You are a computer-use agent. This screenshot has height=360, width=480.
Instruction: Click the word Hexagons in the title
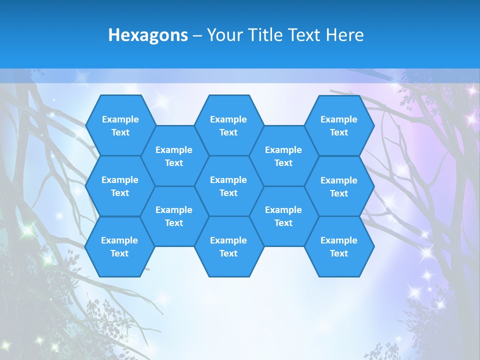coord(148,35)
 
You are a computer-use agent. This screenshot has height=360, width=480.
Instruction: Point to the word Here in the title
coord(344,35)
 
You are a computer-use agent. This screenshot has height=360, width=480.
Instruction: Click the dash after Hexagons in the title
coord(197,35)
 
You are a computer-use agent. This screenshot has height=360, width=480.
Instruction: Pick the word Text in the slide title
coord(304,35)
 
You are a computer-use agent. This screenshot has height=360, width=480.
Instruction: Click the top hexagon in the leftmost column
coord(120,125)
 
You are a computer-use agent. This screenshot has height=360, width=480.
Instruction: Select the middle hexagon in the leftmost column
coord(120,186)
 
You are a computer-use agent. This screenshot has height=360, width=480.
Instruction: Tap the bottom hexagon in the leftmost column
coord(119,246)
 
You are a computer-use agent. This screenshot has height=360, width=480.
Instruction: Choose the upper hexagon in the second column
coord(174,156)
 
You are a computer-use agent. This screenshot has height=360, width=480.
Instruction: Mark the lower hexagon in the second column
coord(174,216)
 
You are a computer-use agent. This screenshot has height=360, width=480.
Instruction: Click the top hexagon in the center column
coord(228,125)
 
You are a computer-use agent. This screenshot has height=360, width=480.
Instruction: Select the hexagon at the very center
coord(228,186)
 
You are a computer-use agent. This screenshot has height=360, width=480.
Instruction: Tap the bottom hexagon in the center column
coord(228,246)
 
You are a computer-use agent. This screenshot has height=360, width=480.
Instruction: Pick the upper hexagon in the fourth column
coord(283,156)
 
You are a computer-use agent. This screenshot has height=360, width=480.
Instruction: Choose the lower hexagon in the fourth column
coord(283,216)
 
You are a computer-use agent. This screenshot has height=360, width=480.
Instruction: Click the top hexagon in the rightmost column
coord(339,125)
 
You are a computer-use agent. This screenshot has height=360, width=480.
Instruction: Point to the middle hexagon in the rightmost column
coord(339,186)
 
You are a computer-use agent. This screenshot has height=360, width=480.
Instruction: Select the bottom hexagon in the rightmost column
coord(339,246)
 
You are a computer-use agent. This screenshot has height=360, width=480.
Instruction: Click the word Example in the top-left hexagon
coord(120,119)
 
